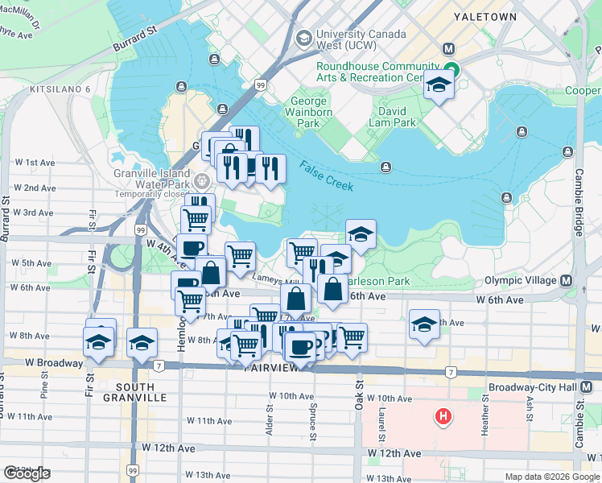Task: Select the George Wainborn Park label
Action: click(310, 113)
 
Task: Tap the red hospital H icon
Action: click(442, 416)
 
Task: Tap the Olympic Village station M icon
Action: click(566, 281)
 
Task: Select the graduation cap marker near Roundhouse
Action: click(439, 84)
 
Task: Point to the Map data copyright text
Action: click(551, 477)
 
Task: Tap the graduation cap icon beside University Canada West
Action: click(304, 37)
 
